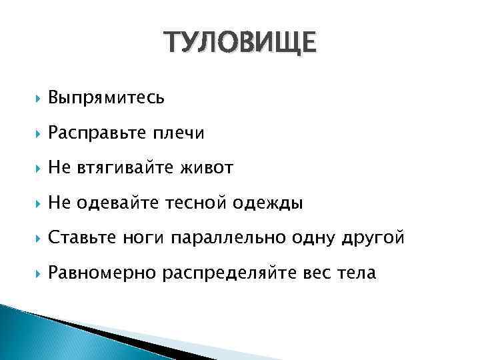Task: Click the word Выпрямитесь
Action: pos(106,98)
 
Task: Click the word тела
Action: pos(357,273)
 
